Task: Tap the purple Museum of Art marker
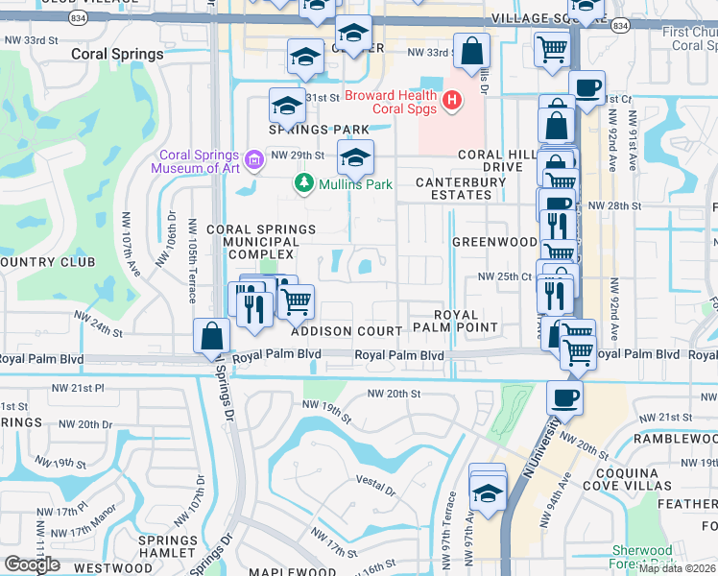click(254, 159)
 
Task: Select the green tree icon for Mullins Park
click(303, 181)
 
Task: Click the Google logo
click(32, 564)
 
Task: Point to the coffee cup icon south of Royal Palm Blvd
click(564, 398)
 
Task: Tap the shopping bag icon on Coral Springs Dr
click(211, 338)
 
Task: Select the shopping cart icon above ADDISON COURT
click(297, 301)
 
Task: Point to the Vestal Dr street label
click(375, 490)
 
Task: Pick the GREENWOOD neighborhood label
click(494, 242)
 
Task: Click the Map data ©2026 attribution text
click(678, 568)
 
